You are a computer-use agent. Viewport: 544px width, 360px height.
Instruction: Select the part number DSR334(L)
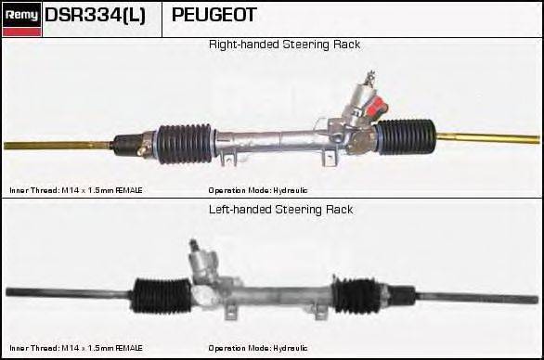pyautogui.click(x=95, y=16)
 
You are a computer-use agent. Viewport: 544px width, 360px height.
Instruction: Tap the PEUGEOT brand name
pyautogui.click(x=214, y=16)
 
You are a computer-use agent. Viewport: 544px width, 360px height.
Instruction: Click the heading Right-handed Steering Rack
pyautogui.click(x=284, y=45)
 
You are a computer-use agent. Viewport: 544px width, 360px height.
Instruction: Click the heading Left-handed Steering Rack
pyautogui.click(x=281, y=210)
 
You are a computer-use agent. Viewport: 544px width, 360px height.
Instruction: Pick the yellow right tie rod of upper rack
pyautogui.click(x=486, y=138)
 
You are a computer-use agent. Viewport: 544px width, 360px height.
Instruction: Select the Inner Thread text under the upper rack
pyautogui.click(x=75, y=190)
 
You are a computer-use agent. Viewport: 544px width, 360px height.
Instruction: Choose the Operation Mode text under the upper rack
pyautogui.click(x=258, y=190)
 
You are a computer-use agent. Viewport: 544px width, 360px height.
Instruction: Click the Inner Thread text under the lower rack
pyautogui.click(x=75, y=348)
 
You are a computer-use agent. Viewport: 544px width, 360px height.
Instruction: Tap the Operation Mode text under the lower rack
pyautogui.click(x=258, y=348)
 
